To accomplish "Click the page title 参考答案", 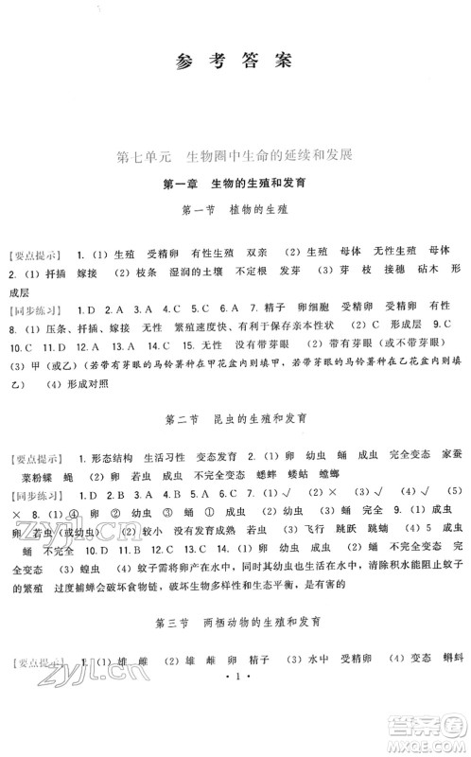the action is pyautogui.click(x=235, y=63).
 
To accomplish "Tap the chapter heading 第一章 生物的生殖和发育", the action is pyautogui.click(x=235, y=185).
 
